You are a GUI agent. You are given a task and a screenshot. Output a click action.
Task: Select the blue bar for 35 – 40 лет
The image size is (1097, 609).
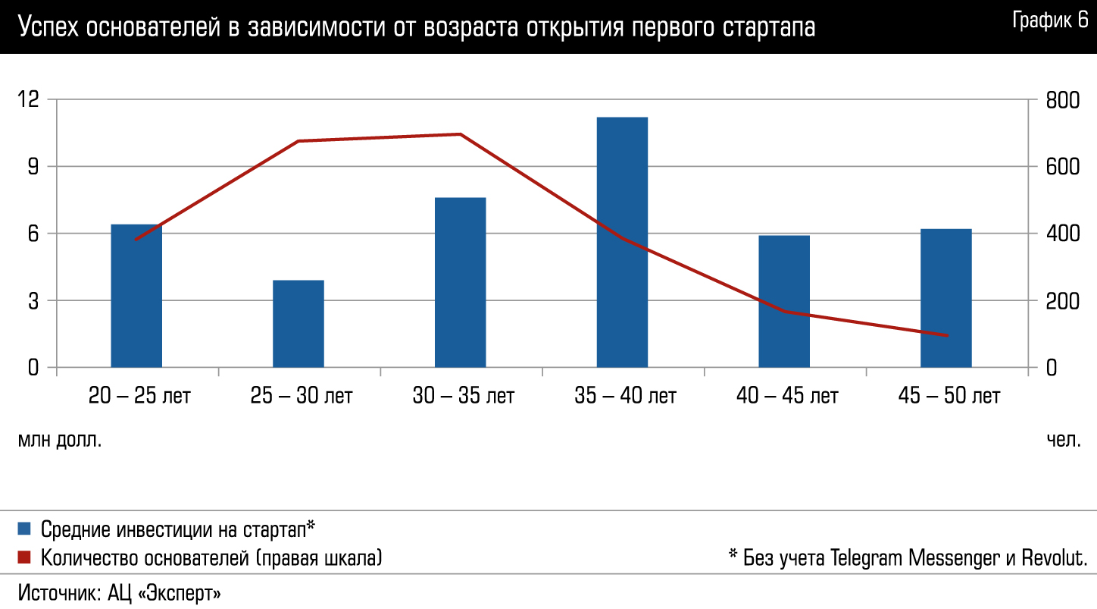[622, 242]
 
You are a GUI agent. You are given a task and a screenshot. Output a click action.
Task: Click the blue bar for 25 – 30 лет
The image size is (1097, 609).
[298, 324]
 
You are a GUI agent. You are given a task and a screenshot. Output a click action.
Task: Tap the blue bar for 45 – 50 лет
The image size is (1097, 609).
[945, 298]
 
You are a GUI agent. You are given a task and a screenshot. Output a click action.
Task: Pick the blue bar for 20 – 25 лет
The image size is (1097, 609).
[136, 296]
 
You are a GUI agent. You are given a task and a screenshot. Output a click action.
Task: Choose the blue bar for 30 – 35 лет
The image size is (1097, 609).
[460, 282]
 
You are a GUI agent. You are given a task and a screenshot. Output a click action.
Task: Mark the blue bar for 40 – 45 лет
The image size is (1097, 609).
[784, 301]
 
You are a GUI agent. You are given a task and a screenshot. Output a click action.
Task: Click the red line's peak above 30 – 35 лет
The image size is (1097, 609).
[460, 134]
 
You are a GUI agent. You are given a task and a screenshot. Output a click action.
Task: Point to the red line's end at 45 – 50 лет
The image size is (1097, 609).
[945, 335]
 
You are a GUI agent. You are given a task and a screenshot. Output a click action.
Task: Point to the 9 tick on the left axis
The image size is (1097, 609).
[33, 167]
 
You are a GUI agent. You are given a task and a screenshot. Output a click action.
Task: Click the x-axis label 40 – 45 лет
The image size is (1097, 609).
[786, 396]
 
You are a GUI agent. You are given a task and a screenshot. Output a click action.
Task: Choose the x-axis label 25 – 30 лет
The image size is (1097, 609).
[301, 396]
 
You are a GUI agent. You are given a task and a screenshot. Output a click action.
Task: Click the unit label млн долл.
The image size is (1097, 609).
[60, 440]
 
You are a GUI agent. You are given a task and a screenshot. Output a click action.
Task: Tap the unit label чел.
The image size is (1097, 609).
[1064, 440]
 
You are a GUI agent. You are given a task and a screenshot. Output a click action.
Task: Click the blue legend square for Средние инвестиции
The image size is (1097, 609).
[24, 528]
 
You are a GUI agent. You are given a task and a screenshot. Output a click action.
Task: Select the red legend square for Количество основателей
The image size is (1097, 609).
[24, 558]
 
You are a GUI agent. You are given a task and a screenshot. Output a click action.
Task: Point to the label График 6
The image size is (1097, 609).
[1050, 21]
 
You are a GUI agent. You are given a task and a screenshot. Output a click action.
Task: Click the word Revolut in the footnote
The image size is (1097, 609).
[1055, 558]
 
